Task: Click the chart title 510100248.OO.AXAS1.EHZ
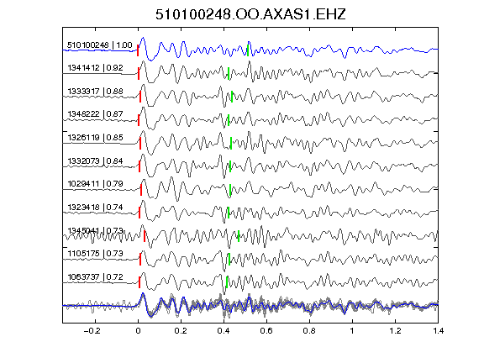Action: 250,14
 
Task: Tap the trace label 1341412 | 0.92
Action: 96,67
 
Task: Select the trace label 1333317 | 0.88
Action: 96,91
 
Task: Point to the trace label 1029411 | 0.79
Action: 96,184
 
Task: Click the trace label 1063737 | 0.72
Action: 96,277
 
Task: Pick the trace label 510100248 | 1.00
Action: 100,45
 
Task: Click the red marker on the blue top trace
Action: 138,50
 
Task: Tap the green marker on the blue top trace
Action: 248,50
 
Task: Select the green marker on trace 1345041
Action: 239,236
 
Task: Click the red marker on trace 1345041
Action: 145,236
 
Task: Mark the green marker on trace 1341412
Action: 229,73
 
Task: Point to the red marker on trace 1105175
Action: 140,260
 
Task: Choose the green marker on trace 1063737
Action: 227,282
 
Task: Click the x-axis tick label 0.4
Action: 224,331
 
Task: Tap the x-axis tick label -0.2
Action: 92,331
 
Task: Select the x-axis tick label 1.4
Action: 438,331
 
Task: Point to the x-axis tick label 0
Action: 138,331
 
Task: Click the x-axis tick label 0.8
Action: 309,331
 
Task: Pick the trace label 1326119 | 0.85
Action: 96,137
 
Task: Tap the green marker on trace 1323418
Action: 229,213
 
